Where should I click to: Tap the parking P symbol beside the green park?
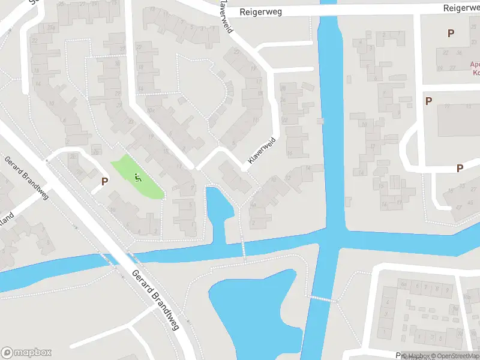(x=104, y=181)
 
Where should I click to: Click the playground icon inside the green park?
(x=139, y=177)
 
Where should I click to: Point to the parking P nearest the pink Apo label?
(x=450, y=34)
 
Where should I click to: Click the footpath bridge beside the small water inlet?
(x=244, y=247)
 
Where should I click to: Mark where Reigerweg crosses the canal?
(x=328, y=8)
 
